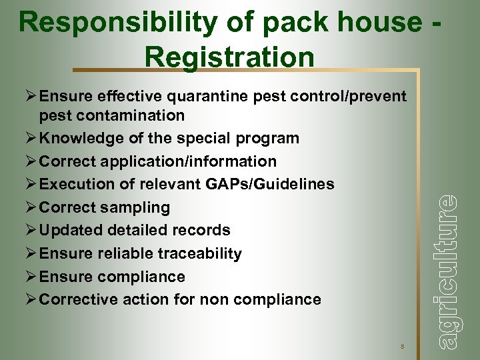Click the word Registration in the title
(229, 57)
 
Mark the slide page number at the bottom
(403, 346)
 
